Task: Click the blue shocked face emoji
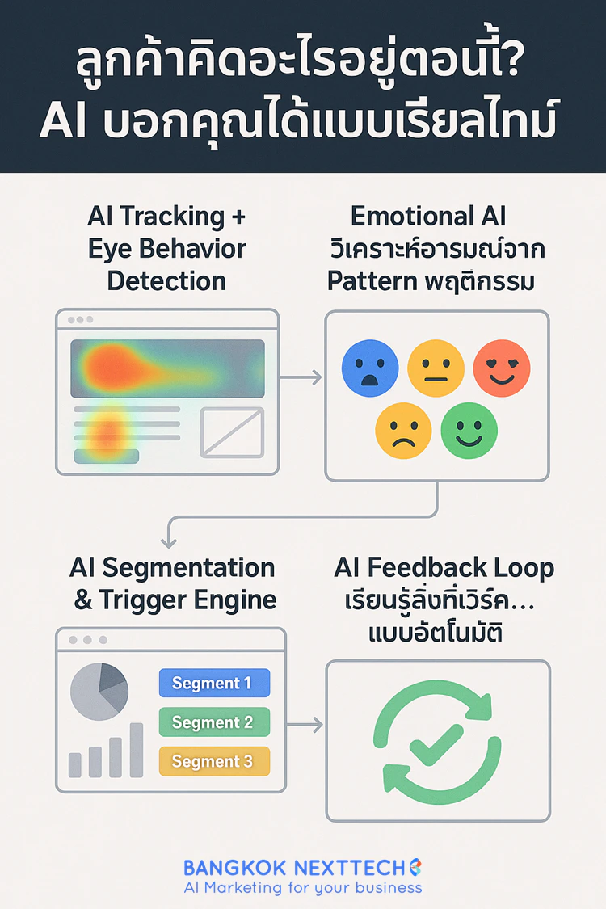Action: pos(370,368)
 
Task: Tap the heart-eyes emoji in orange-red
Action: pos(501,368)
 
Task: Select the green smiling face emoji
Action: pos(469,428)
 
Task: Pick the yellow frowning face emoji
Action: pos(403,428)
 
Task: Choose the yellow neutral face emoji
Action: pos(436,368)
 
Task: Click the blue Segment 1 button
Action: pos(214,684)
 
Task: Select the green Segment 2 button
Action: pos(214,722)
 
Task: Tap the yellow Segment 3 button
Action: pos(214,761)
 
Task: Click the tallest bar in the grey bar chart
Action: pos(137,750)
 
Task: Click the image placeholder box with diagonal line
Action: pos(232,431)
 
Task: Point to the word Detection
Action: pos(166,281)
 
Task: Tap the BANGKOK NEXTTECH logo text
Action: pos(294,868)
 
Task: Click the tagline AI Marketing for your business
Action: pos(302,888)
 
